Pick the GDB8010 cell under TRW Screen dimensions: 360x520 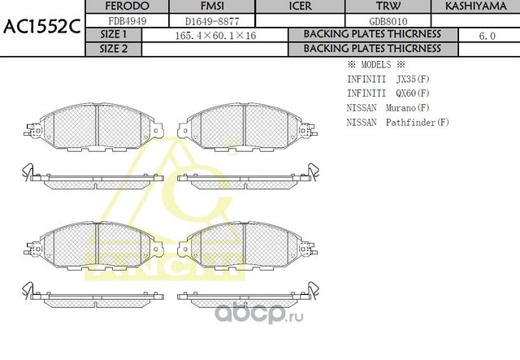pyautogui.click(x=388, y=21)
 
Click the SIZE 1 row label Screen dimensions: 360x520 pyautogui.click(x=114, y=35)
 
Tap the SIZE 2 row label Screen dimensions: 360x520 pyautogui.click(x=114, y=49)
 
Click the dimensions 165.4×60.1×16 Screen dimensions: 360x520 pyautogui.click(x=215, y=36)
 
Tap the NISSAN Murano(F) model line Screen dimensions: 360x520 pyautogui.click(x=388, y=107)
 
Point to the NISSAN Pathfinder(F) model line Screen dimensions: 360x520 pyautogui.click(x=397, y=122)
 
